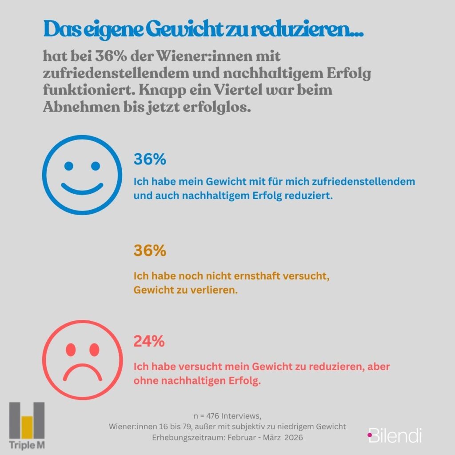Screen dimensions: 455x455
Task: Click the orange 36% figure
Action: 150,251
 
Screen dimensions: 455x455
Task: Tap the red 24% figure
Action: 149,342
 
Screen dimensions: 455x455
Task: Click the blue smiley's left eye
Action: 68,166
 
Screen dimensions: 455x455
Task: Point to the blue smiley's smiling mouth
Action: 82,188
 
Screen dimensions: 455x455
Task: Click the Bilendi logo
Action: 395,435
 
